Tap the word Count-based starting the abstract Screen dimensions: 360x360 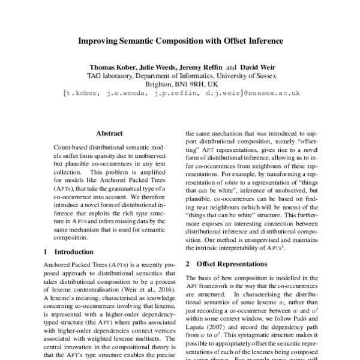(71, 147)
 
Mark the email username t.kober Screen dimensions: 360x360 (82, 93)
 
